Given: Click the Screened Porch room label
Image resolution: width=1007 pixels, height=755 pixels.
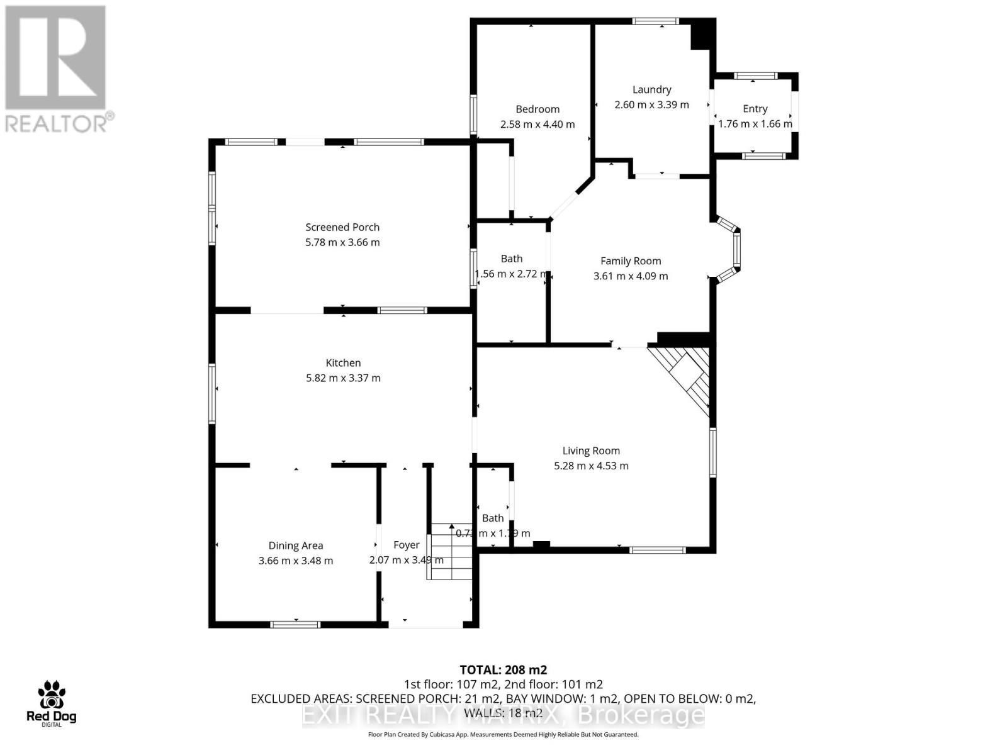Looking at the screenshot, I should click(x=342, y=227).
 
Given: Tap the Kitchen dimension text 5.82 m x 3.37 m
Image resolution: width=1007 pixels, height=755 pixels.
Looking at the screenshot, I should click(x=343, y=378).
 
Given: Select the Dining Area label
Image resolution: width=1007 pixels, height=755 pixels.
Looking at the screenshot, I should click(x=295, y=545).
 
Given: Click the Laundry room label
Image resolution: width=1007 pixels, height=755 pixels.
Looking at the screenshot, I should click(x=651, y=89).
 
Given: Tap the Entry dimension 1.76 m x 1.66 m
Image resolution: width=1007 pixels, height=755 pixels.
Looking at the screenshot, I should click(x=755, y=124).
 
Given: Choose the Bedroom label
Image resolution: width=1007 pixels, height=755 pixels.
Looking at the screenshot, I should click(x=537, y=109).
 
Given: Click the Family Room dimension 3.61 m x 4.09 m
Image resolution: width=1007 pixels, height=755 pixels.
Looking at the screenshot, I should click(x=631, y=276).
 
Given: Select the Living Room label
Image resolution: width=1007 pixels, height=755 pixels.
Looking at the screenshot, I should click(x=591, y=450).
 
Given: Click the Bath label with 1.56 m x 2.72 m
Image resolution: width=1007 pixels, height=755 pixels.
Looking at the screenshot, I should click(x=511, y=259).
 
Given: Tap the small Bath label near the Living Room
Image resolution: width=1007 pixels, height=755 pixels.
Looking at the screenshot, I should click(x=493, y=518).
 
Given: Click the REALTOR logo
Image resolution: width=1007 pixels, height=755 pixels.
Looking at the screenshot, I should click(x=57, y=69).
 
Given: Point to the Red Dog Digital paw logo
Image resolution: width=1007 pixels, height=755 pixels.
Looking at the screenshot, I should click(x=51, y=696).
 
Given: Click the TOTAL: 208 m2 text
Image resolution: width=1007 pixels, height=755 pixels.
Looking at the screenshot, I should click(x=503, y=669).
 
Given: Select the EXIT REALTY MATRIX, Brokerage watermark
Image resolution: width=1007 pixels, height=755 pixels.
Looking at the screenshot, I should click(x=503, y=715).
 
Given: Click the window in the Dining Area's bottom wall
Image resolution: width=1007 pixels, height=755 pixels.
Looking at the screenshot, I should click(x=295, y=624).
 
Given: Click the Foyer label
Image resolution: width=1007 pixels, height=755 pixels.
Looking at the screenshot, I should click(x=406, y=545).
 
